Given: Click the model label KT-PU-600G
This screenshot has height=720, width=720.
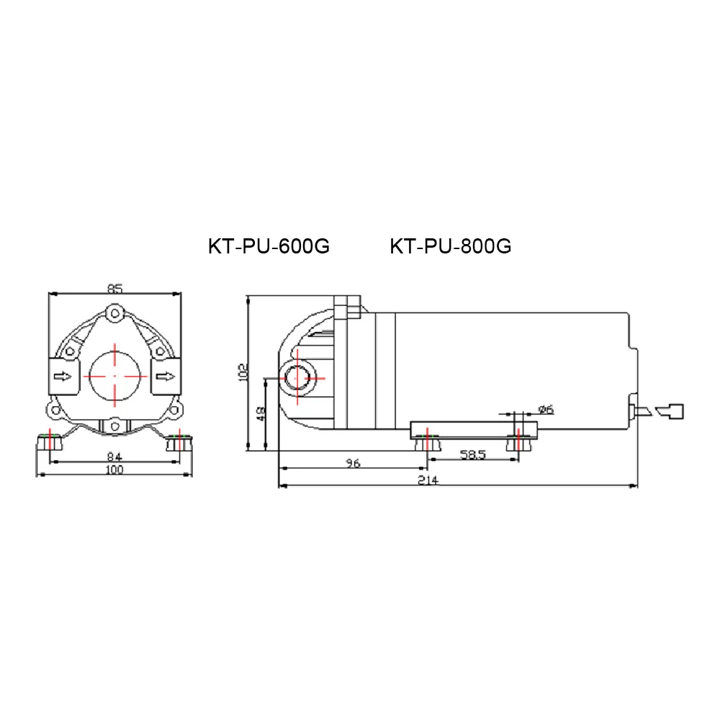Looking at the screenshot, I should point(269,246).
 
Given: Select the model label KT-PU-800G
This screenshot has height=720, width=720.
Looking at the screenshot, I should point(451,246).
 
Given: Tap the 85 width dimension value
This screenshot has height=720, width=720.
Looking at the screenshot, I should point(114,289).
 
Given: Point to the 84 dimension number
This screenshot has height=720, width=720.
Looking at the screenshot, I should point(114,456).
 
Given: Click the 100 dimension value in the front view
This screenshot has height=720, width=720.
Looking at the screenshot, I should point(114,470).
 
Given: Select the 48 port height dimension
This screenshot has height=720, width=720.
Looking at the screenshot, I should point(261,415).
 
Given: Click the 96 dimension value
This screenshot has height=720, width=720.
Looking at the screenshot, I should point(352,464).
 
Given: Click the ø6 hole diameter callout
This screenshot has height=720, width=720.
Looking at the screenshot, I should point(546,410).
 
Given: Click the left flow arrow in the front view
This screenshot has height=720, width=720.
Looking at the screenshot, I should point(63,376).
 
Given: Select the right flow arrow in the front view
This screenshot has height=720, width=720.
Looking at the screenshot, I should point(166,376).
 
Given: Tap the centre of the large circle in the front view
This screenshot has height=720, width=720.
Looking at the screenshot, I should point(114,376).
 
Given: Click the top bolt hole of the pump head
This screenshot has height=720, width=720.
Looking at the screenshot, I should point(114,313).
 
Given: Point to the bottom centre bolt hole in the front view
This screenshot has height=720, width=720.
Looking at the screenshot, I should point(114,426).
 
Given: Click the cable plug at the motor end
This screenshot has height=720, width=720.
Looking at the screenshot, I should point(672,411).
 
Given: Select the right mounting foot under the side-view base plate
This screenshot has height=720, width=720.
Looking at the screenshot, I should point(518,444).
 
